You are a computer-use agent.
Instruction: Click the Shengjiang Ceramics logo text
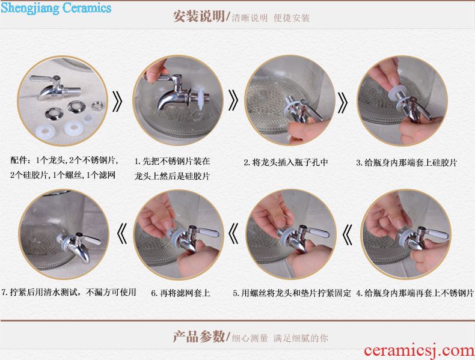(x=56, y=8)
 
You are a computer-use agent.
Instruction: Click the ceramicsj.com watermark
(x=419, y=350)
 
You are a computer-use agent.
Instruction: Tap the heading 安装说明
(x=199, y=16)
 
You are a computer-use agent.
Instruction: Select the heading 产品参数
(x=199, y=337)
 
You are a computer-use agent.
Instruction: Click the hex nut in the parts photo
(x=97, y=106)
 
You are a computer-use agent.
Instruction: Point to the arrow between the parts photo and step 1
(x=117, y=101)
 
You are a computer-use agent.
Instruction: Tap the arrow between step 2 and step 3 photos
(x=342, y=102)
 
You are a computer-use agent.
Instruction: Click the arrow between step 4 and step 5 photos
(x=347, y=234)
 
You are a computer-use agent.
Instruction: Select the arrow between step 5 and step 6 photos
(x=233, y=233)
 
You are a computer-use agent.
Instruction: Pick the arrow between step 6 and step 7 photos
(x=122, y=233)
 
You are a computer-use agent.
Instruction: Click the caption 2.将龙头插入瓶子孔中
(x=286, y=163)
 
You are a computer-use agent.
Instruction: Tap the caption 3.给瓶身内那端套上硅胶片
(x=406, y=163)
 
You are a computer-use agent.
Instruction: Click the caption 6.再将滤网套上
(x=180, y=293)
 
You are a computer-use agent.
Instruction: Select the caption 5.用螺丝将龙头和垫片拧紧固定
(x=292, y=293)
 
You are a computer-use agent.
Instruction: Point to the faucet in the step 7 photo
(x=79, y=246)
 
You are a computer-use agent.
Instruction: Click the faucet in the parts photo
(x=55, y=87)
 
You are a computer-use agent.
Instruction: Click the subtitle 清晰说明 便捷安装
(x=271, y=18)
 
